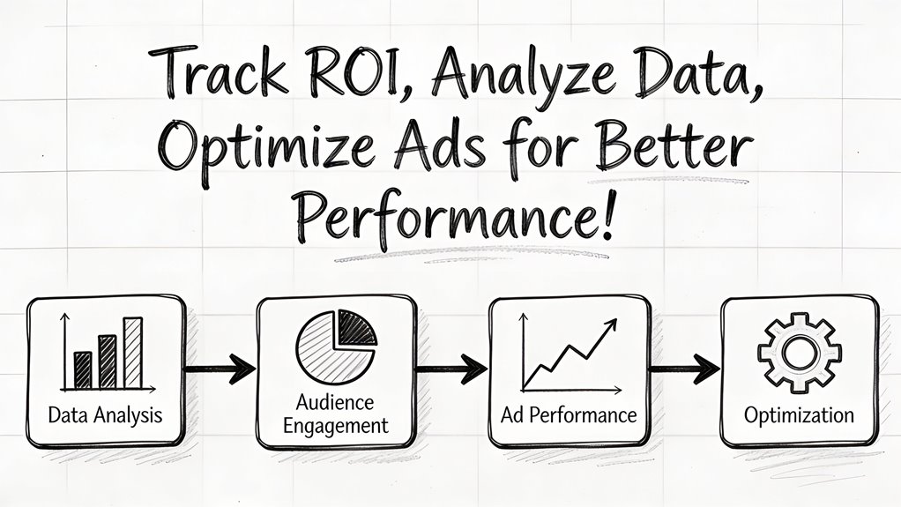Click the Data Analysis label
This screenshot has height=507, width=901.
tap(106, 414)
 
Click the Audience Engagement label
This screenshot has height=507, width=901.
tap(335, 414)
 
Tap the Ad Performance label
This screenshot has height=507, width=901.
tap(570, 414)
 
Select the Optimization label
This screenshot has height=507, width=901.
tap(799, 414)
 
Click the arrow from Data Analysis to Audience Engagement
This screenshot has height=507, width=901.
tap(220, 369)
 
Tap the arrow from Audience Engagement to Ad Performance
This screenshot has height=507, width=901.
tap(451, 369)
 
